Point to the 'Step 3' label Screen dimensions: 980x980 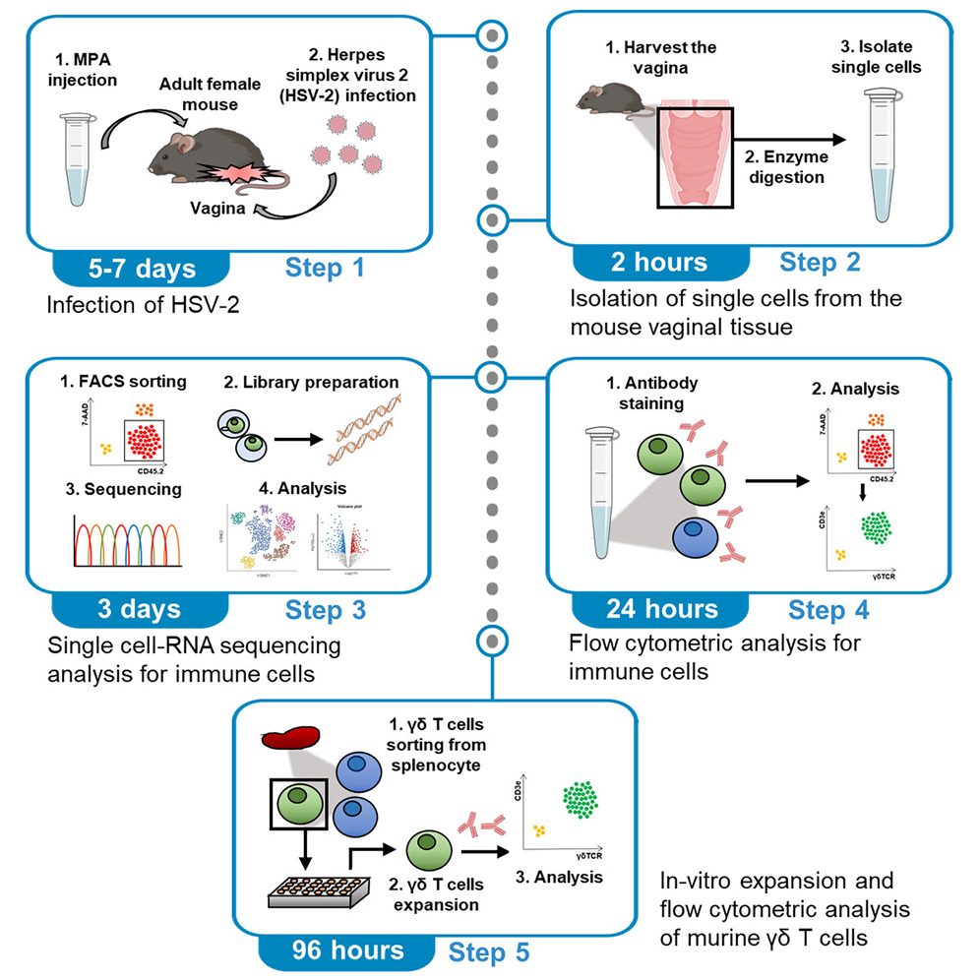click(326, 610)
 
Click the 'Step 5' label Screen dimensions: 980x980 click(489, 951)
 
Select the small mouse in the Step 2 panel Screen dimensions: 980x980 click(606, 97)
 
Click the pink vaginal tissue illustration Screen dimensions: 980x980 click(695, 157)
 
